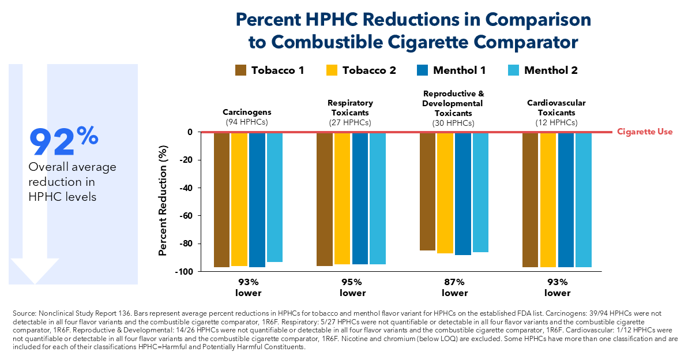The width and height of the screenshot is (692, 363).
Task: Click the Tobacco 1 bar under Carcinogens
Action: click(222, 200)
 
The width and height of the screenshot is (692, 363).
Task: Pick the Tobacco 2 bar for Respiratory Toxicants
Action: click(342, 199)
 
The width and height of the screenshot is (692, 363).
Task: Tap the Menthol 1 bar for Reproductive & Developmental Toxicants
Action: click(462, 194)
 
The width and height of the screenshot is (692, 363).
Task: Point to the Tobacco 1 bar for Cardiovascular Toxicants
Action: click(531, 200)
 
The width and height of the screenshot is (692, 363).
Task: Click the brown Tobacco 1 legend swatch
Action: click(241, 70)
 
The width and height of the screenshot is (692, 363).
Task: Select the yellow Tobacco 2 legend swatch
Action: click(332, 70)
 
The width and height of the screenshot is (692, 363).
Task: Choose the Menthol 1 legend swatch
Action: click(423, 70)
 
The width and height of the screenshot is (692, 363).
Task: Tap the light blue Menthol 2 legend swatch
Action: click(513, 70)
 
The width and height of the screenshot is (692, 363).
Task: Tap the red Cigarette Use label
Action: click(645, 132)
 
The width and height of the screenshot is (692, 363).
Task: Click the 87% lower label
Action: click(454, 287)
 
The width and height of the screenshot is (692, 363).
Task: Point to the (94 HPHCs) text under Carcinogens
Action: click(247, 122)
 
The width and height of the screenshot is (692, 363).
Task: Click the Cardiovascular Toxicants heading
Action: click(556, 107)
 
